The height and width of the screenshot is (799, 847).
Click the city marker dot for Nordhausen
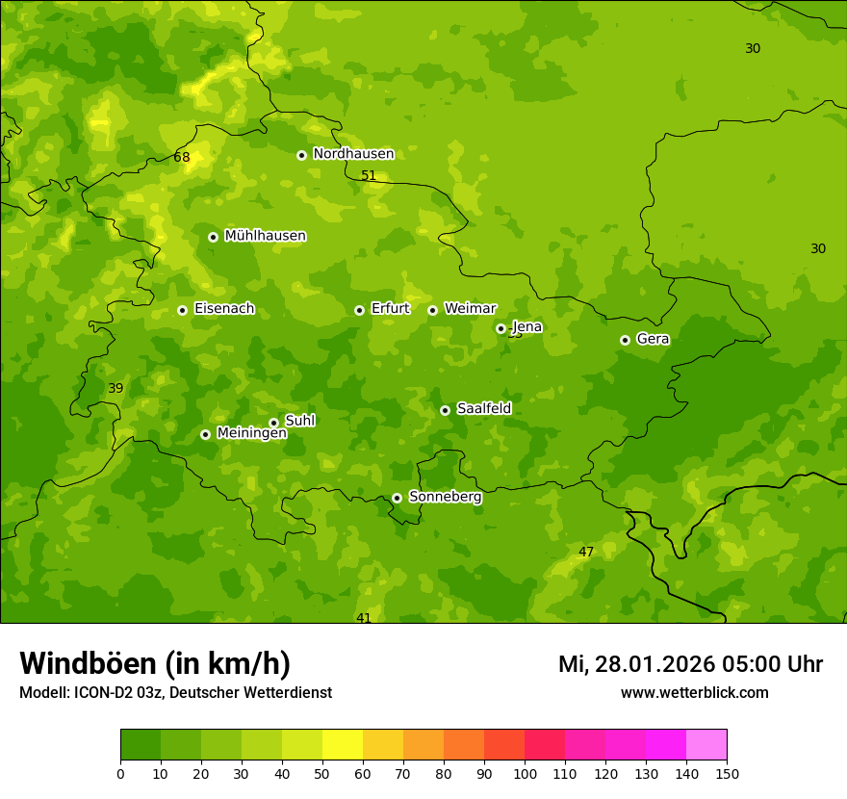coord(301,155)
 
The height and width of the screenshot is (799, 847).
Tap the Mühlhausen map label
coord(265,236)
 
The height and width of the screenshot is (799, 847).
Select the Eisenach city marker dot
coord(182,310)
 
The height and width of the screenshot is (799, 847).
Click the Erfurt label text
coord(390,309)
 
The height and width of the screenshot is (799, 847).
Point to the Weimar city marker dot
coord(432,310)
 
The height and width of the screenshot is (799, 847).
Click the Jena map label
coord(526,327)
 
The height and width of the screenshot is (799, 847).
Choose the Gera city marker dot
coord(625,340)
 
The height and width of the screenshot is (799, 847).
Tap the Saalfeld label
coord(483,409)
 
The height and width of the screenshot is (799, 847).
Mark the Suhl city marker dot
coord(273,423)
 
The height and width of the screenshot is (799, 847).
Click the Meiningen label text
coord(251,433)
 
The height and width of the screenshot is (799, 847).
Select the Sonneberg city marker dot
coord(397,498)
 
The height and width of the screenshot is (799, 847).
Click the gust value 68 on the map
coord(182,158)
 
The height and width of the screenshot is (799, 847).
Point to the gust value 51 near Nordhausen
coord(369,176)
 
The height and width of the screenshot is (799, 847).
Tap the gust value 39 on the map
coord(115,389)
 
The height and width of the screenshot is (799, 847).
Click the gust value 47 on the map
coord(586,553)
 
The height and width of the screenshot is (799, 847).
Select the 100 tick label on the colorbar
coord(525,773)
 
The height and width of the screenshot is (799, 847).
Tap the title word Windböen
coord(88,663)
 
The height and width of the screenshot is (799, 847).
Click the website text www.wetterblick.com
coord(694,693)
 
